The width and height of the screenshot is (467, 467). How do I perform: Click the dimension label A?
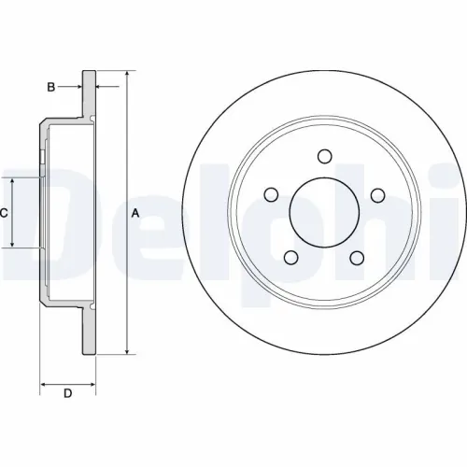coord(135,213)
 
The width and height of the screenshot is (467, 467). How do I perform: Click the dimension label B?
coord(51,87)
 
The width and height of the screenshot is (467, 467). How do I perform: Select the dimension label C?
coord(5,213)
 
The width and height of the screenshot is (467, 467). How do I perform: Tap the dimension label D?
coord(67,393)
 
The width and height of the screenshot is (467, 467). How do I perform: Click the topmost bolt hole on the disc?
coord(324,156)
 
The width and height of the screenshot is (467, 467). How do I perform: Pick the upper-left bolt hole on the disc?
coord(271,194)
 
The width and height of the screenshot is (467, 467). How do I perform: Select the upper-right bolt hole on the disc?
coord(377,194)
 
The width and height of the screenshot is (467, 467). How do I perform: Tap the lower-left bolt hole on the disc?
coord(291,257)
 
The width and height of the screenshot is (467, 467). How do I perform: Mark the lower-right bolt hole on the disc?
coord(357,257)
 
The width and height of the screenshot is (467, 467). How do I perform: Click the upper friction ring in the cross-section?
coord(89,93)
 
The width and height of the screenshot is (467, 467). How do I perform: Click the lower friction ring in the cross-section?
coord(89,332)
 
